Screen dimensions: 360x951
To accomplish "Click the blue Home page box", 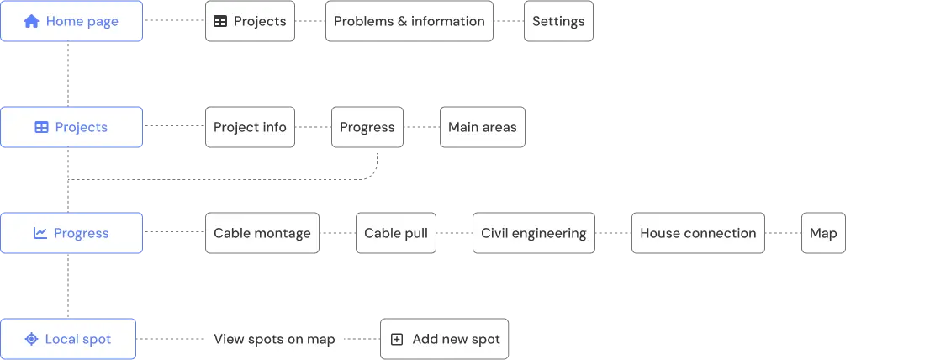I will (71, 21).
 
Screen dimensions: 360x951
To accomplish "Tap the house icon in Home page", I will (32, 22).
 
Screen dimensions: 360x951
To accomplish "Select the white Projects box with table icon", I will (250, 21).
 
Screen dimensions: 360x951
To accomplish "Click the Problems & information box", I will (409, 21).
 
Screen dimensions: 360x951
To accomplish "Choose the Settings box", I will (558, 21).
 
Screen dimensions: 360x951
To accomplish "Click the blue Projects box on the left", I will (71, 127).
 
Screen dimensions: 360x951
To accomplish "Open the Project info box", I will (250, 127).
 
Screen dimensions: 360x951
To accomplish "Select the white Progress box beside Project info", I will (367, 127).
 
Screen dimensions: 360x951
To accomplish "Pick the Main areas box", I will (482, 127).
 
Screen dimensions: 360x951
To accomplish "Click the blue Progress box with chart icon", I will (71, 233).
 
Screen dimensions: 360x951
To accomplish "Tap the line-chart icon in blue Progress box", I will (40, 233).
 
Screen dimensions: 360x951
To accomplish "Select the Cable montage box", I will (262, 233).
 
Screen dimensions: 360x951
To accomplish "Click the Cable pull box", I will (395, 233).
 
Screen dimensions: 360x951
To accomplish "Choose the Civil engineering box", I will (533, 233).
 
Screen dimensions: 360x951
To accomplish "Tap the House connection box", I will (698, 233).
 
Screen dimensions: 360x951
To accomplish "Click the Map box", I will (822, 233).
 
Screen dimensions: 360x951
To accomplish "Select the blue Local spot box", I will (68, 339).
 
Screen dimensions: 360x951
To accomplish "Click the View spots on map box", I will (275, 339).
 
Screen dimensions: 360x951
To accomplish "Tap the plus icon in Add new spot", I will (397, 340).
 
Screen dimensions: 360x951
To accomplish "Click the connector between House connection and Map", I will (783, 233).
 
